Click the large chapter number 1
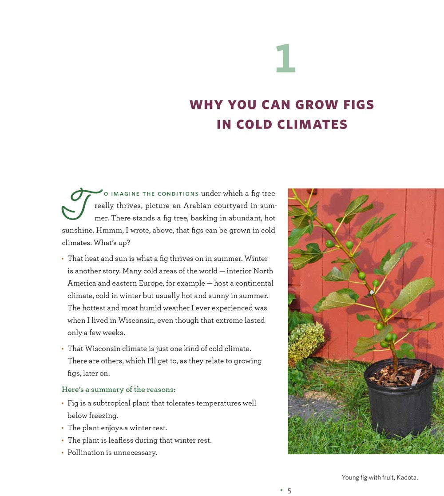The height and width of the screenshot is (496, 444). pyautogui.click(x=285, y=59)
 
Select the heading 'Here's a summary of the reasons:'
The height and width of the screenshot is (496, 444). pyautogui.click(x=119, y=389)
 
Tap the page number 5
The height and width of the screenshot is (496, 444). pyautogui.click(x=289, y=491)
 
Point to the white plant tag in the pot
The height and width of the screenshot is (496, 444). pyautogui.click(x=416, y=378)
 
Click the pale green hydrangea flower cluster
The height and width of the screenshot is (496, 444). pyautogui.click(x=306, y=340)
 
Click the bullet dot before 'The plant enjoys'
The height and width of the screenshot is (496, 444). pyautogui.click(x=63, y=428)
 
